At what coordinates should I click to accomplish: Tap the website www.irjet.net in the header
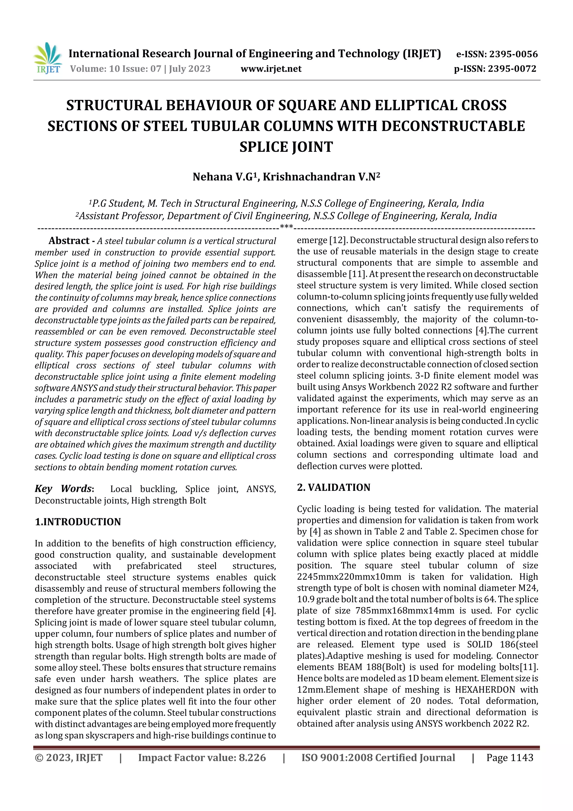271,69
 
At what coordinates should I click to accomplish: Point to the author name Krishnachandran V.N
321,177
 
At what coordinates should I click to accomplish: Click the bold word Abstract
69,241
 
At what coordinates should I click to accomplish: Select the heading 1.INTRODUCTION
78,522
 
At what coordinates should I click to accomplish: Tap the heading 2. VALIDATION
333,487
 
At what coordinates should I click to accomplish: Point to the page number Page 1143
509,758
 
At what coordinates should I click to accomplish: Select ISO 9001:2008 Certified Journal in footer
378,758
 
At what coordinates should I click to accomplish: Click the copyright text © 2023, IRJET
69,758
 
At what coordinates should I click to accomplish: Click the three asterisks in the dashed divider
286,227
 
